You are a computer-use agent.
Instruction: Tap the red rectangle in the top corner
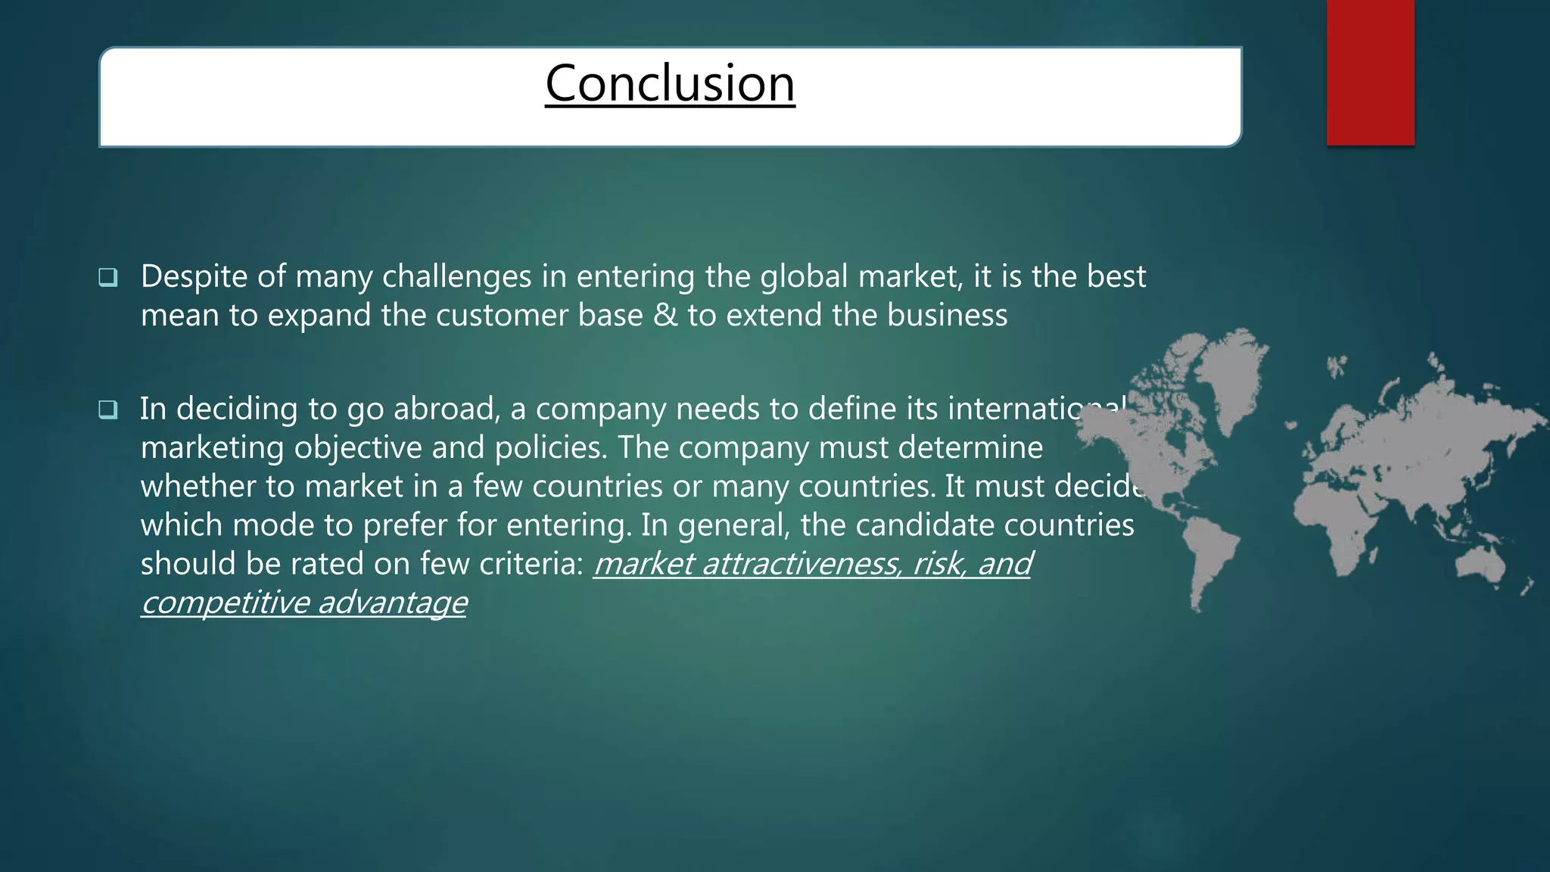[1370, 72]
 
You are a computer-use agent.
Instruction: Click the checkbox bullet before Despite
[108, 277]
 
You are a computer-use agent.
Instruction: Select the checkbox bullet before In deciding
[108, 410]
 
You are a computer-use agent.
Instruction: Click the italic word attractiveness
[802, 564]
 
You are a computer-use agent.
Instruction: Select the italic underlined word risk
[939, 564]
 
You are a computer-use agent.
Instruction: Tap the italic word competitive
[225, 603]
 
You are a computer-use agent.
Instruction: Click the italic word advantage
[392, 603]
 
